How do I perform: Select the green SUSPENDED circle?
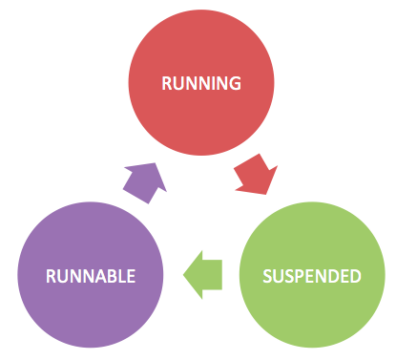tap(312, 277)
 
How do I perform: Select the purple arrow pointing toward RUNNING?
tap(142, 180)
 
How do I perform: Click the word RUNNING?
tap(200, 83)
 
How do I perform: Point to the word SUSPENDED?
tap(312, 277)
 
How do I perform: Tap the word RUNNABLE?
tap(91, 277)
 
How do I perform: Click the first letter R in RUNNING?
tap(167, 83)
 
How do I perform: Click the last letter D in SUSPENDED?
tap(356, 277)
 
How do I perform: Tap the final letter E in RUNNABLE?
tap(131, 277)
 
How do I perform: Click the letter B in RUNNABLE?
tap(110, 277)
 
